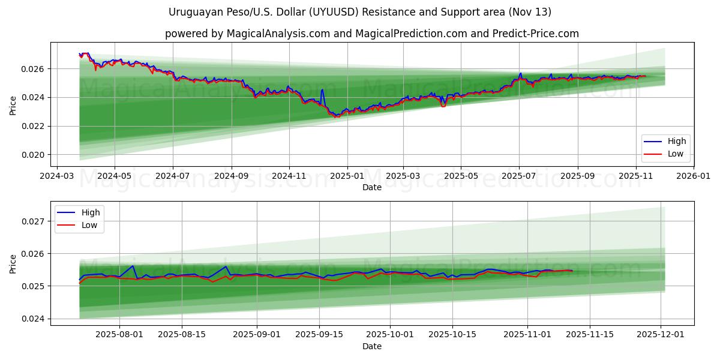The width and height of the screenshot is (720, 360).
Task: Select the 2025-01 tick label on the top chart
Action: coord(347,177)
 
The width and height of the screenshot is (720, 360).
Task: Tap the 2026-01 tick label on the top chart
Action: coord(694,177)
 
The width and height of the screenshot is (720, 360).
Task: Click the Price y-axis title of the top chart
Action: coord(13,105)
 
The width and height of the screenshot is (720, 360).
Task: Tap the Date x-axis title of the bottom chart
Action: coord(372,347)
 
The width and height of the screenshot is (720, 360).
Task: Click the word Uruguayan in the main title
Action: coord(194,12)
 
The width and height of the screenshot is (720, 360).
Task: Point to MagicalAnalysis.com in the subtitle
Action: coord(278,34)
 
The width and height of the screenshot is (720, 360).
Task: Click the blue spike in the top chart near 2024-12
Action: coord(322,90)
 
